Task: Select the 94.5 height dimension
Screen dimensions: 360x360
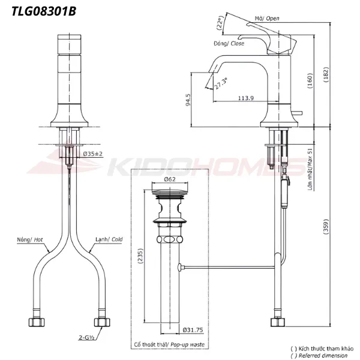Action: pos(187,98)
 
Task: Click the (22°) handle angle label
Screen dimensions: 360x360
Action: pos(220,23)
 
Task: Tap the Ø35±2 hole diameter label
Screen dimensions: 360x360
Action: pos(92,154)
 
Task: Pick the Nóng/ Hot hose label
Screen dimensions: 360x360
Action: pos(31,239)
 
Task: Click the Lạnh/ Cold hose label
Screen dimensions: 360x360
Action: pos(109,239)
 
